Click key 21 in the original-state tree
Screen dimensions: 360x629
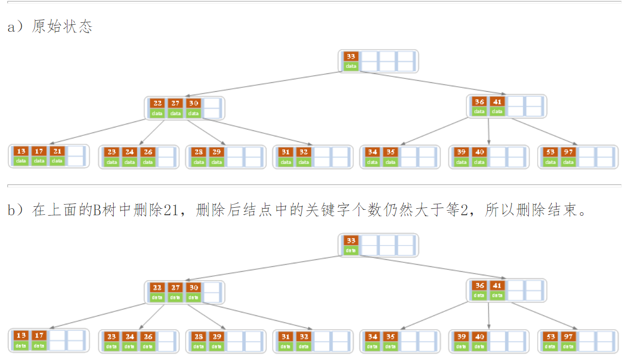(57, 151)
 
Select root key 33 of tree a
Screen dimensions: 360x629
(351, 57)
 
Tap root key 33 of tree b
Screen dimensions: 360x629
(351, 240)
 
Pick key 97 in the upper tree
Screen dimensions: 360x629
(568, 151)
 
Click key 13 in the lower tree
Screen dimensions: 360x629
(21, 336)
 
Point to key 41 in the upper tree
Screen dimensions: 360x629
(497, 102)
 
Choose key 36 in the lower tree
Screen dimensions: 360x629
(479, 286)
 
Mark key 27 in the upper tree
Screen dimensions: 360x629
(176, 103)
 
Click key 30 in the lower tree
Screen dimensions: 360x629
(193, 288)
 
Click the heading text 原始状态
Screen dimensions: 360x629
(62, 26)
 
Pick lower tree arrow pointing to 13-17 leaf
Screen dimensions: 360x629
(99, 315)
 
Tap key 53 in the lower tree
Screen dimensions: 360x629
(551, 337)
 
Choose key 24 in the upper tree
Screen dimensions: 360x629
(129, 152)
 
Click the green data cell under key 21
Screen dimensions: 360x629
(57, 161)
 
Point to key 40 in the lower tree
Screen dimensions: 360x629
(479, 337)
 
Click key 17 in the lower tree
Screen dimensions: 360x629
(39, 336)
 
